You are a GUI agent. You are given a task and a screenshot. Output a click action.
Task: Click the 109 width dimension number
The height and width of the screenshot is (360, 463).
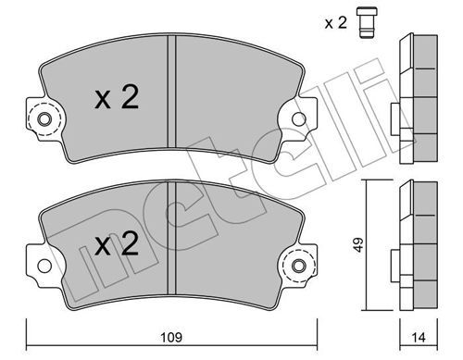pos(171,337)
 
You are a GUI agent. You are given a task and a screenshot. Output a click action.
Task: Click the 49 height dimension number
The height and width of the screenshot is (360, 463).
pos(358,244)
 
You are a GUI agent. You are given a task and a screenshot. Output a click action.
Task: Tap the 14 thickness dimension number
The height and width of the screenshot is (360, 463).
pos(419,338)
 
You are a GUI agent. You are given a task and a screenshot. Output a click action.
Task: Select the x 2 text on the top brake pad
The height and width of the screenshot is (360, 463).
pos(117,97)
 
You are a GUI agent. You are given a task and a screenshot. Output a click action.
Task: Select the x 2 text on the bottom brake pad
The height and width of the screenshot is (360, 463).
pos(117,243)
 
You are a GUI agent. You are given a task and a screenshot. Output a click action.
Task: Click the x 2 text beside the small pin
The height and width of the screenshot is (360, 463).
pos(336,22)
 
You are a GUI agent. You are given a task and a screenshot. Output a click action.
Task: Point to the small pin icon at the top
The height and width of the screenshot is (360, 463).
pos(367,22)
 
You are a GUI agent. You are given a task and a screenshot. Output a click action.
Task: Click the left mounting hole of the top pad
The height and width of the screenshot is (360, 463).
pos(44,119)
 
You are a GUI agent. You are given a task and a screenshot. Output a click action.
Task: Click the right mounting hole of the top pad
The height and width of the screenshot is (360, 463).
pos(299,119)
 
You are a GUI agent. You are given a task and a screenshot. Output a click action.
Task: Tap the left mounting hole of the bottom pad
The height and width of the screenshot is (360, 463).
pos(44,266)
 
